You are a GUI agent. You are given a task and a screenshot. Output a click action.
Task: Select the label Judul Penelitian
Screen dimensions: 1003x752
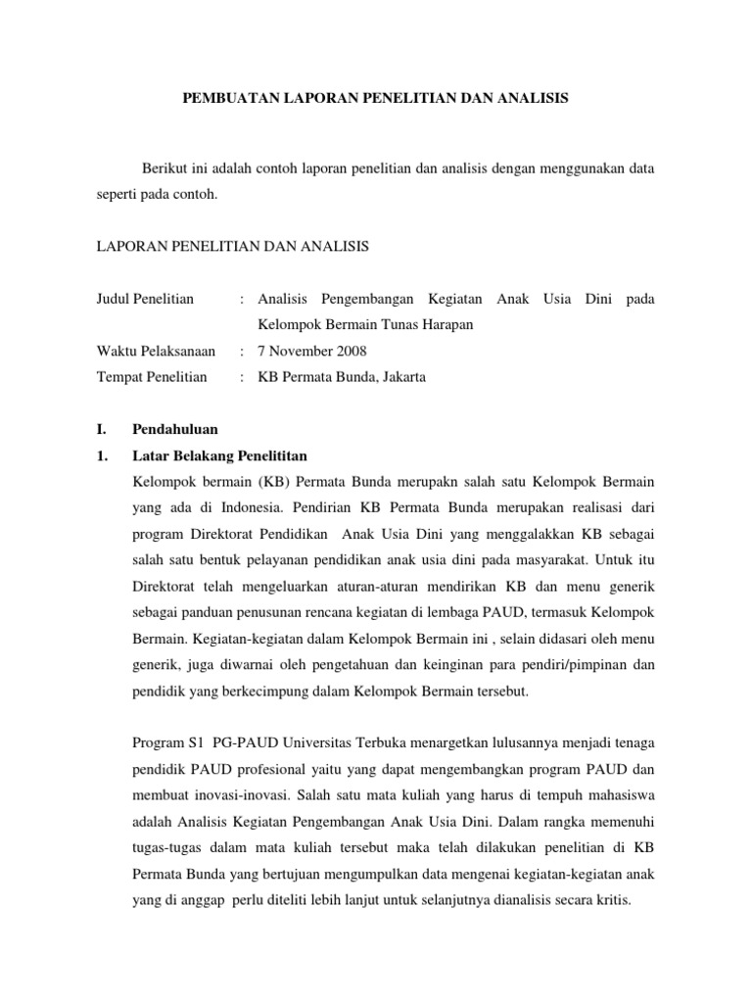pyautogui.click(x=139, y=298)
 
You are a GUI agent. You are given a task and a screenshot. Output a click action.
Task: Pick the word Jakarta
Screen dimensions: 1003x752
pyautogui.click(x=401, y=377)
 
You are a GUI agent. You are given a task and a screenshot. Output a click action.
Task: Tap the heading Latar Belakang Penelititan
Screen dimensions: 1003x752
pyautogui.click(x=220, y=455)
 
